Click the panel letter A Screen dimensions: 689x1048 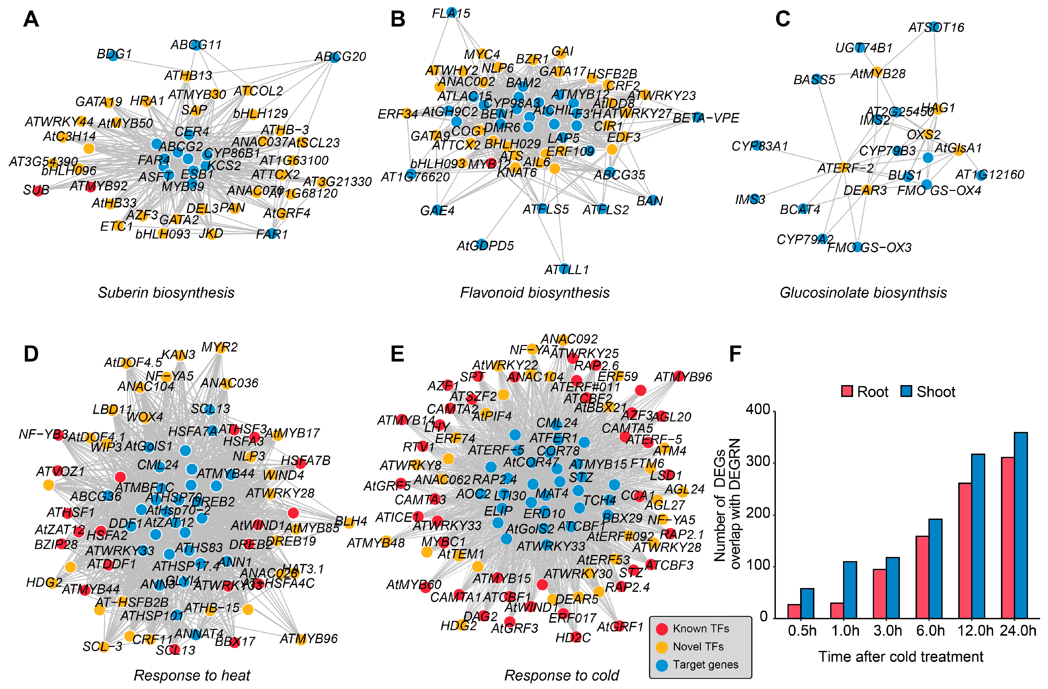tap(31, 19)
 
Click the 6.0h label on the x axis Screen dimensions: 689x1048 tap(930, 631)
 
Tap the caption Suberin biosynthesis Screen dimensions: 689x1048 tap(166, 293)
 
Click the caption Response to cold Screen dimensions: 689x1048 tap(561, 675)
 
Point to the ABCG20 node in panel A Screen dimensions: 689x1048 tap(334, 57)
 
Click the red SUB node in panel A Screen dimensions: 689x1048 tap(38, 191)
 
